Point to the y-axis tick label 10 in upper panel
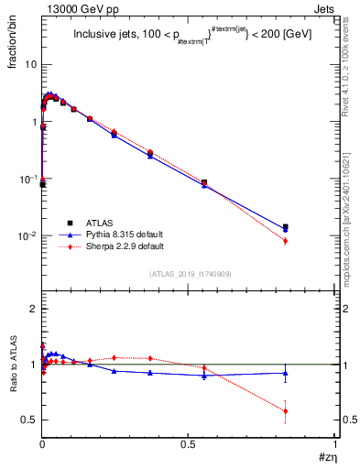(x=30, y=65)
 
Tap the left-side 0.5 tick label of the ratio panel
(x=29, y=420)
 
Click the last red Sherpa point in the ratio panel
(x=286, y=410)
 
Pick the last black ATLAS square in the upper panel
(x=286, y=226)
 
